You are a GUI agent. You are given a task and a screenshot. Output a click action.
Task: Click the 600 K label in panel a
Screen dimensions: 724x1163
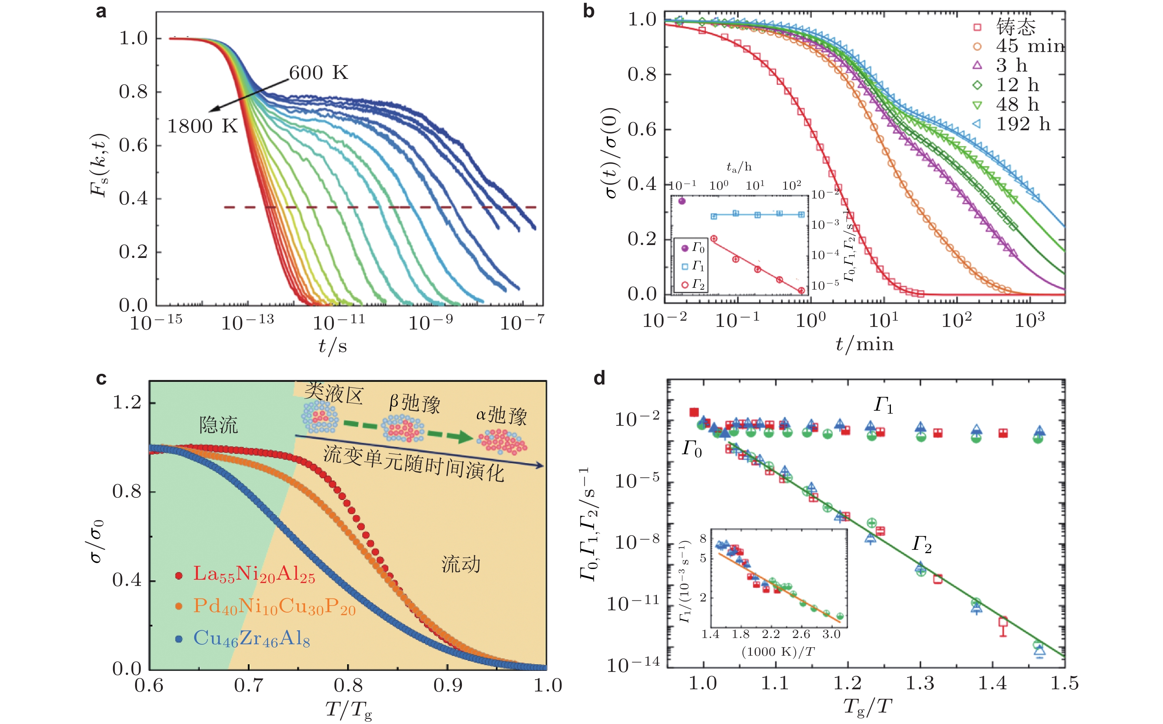point(319,73)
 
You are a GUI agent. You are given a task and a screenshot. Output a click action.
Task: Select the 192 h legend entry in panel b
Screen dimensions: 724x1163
point(1023,124)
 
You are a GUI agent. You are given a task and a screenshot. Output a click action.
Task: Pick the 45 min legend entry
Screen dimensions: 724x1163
point(1030,46)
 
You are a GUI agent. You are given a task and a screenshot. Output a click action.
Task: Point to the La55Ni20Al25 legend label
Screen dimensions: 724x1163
point(254,575)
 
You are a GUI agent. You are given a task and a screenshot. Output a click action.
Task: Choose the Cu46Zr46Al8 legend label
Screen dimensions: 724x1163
point(251,639)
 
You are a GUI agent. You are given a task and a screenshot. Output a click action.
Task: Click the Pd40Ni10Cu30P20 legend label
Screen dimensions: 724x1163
point(274,607)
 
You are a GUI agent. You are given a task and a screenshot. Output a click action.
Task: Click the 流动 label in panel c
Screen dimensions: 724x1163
point(460,565)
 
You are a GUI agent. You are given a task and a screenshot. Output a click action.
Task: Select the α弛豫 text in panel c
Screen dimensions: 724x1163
point(501,415)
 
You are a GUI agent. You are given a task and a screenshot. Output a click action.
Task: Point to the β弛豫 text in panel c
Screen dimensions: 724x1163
point(414,403)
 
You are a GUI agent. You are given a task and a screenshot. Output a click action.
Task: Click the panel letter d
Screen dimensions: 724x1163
point(599,378)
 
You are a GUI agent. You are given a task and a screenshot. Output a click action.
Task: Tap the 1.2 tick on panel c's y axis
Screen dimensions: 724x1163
point(127,403)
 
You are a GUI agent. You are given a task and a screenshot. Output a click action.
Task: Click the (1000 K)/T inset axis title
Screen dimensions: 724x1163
point(778,652)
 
